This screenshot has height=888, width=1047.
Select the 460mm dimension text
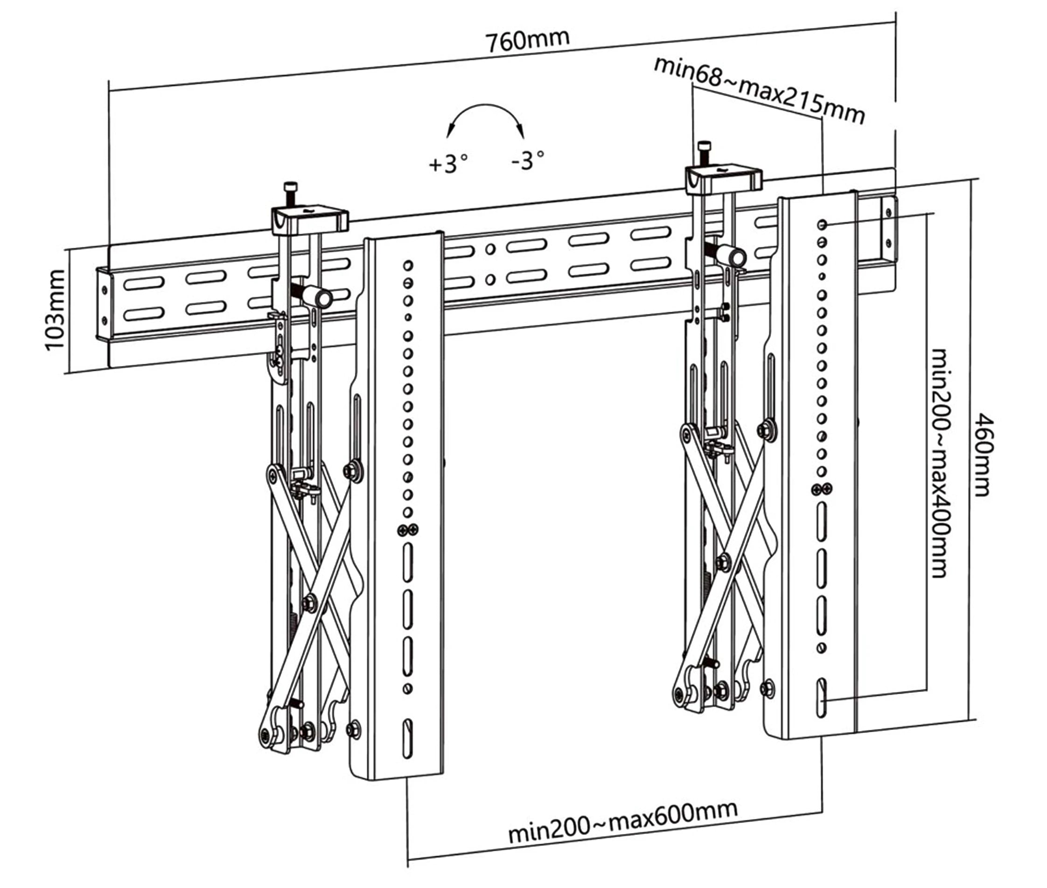click(x=982, y=455)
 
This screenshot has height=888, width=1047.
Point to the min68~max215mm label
click(x=759, y=90)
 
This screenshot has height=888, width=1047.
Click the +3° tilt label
click(x=448, y=164)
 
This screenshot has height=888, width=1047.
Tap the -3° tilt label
click(x=527, y=160)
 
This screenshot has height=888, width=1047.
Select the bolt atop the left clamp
click(x=291, y=193)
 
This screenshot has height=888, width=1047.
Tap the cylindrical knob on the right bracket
click(x=733, y=257)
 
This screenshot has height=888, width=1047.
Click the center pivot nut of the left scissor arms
click(x=310, y=602)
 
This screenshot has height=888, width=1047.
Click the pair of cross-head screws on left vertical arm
click(x=407, y=529)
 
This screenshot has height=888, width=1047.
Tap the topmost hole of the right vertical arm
click(x=822, y=224)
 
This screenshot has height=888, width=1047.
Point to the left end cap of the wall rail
click(x=103, y=305)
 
